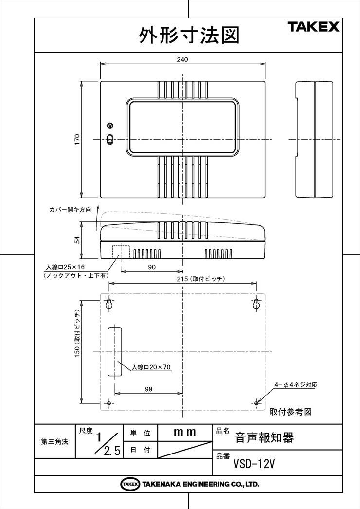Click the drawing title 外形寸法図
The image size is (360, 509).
coord(189,35)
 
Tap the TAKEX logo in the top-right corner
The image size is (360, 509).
coord(313,26)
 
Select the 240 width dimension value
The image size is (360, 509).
coord(182,59)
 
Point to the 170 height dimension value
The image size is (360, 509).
coord(77,139)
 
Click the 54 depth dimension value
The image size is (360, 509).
coord(77,240)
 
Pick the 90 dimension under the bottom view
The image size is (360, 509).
coord(152,267)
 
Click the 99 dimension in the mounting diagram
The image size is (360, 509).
coord(149,389)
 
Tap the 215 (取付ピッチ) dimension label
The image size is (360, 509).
coord(201,279)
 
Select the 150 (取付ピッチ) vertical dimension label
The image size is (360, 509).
coord(77,334)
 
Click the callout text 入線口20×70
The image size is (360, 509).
coord(151,367)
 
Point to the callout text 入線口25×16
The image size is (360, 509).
coord(65,267)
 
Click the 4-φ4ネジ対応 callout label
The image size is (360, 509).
coord(296,385)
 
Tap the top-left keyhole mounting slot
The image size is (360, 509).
coord(109,304)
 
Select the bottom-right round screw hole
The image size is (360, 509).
coord(256,403)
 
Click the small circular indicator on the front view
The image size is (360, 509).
coord(110,125)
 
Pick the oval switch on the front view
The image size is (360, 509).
coord(110,139)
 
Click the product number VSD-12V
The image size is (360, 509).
coord(254,464)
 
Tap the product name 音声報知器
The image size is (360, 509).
coord(264,438)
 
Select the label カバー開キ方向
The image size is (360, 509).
coord(70,210)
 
